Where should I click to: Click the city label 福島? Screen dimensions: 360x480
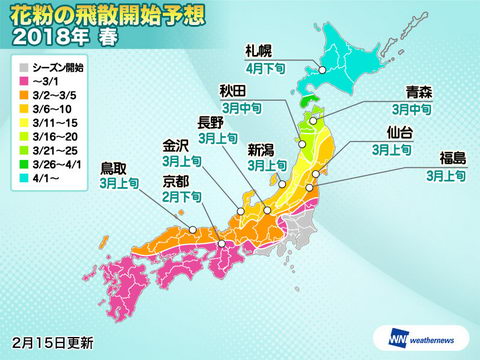[x=442, y=158]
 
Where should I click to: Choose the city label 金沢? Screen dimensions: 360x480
[x=176, y=156]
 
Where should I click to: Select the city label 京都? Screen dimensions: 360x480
[x=176, y=183]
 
